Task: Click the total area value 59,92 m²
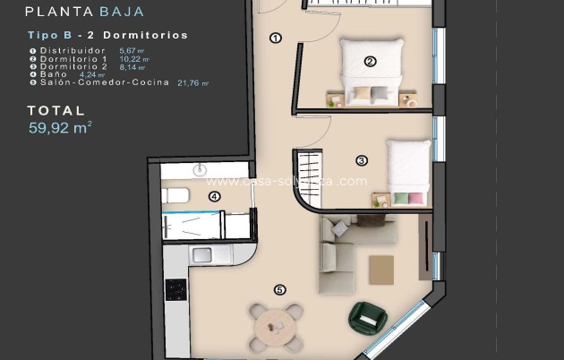coord(61,127)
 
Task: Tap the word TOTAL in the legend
coord(56,111)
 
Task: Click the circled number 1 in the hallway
coord(275,38)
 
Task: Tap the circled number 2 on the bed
coord(369,62)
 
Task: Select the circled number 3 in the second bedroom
coord(361,161)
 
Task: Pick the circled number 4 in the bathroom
coord(214,196)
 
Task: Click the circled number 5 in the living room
coord(280,289)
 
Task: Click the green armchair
coord(366,316)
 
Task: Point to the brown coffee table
coord(380,266)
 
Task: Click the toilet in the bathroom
coord(175,195)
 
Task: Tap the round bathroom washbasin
coord(200,170)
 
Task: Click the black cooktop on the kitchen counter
coord(176,289)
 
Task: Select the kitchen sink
coord(202,254)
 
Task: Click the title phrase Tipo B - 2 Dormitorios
coord(107,35)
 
